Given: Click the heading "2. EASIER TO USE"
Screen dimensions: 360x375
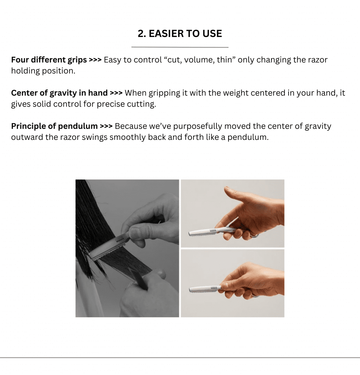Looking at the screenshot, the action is [x=180, y=33].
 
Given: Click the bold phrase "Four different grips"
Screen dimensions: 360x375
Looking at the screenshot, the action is [x=49, y=60].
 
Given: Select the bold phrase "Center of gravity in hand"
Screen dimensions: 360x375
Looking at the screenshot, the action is [x=59, y=93].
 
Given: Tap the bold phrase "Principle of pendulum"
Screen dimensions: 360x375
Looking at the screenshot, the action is [x=54, y=126].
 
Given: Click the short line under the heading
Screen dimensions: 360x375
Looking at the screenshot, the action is [x=180, y=47].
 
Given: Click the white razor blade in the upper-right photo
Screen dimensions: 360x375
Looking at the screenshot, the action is [x=203, y=231].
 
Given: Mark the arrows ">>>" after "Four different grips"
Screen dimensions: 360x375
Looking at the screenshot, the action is [x=95, y=60].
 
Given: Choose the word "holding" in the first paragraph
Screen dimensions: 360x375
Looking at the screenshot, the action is [x=25, y=71].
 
